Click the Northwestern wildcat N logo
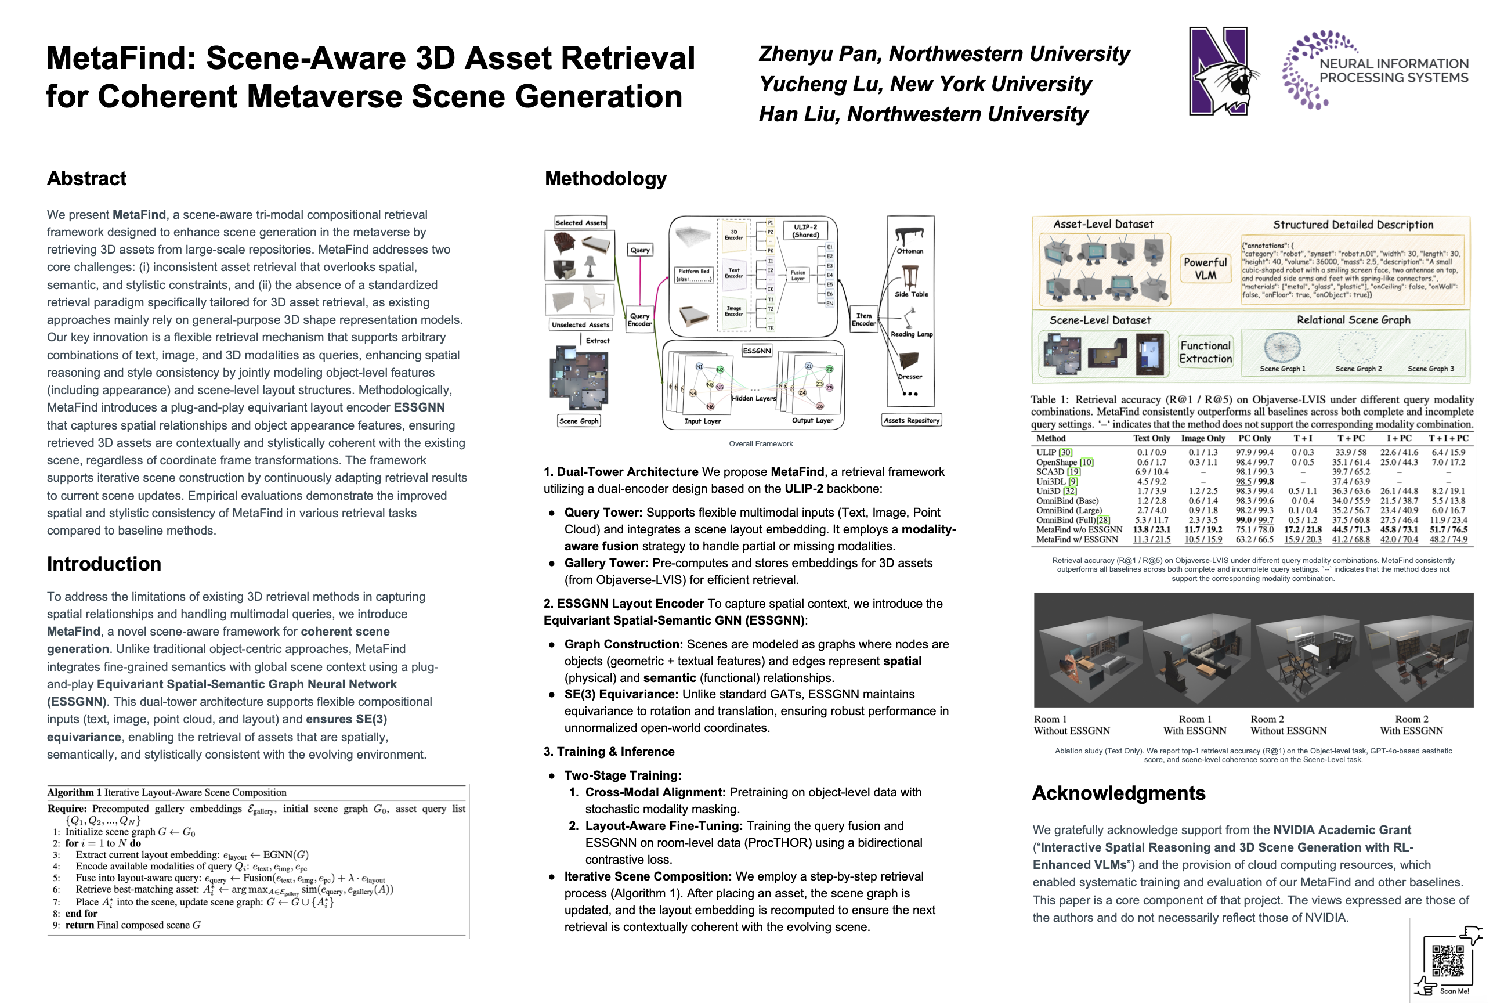point(1221,71)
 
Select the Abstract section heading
point(86,178)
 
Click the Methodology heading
point(605,178)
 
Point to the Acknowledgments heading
point(1118,793)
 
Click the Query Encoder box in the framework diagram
point(639,320)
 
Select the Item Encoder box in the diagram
point(863,319)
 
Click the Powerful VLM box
point(1205,269)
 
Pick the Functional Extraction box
point(1205,352)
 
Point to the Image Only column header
point(1202,438)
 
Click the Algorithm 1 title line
point(167,792)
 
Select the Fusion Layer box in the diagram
point(797,275)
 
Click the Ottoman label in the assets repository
point(909,251)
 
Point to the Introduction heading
point(104,564)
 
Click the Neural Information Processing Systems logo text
point(1393,71)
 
